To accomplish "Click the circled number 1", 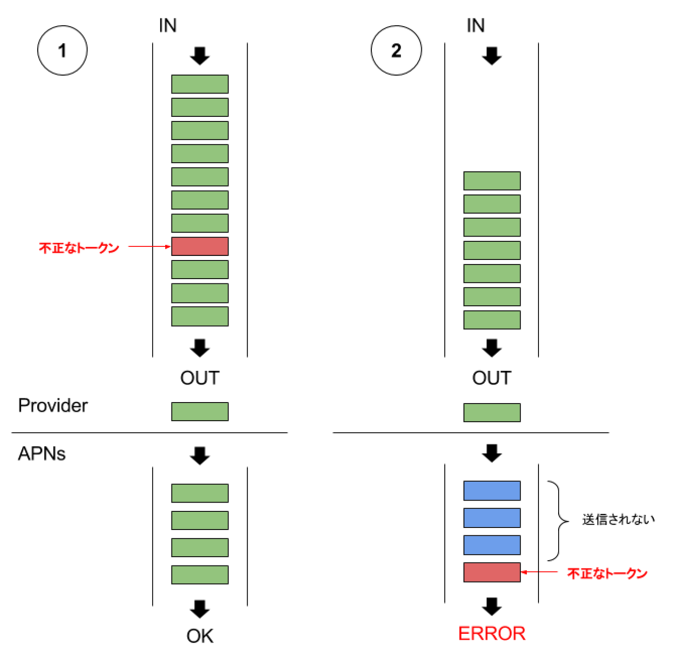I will (62, 51).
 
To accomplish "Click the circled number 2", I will (396, 51).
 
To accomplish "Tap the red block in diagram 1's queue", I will (200, 247).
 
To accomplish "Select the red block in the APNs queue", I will (492, 572).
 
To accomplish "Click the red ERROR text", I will (492, 634).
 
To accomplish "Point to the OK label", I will (200, 636).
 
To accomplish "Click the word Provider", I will (53, 405).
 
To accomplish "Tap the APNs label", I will (42, 454).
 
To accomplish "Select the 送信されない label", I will (618, 519).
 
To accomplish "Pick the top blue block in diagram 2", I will (492, 490).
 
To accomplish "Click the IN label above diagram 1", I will (168, 25).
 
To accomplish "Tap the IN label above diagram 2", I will (475, 25).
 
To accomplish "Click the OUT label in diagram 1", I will (200, 378).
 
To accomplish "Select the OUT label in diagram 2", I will (492, 378).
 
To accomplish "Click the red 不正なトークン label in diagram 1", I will (79, 248).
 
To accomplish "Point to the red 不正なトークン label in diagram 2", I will (607, 573).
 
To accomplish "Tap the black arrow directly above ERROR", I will (492, 606).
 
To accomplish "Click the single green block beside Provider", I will (200, 412).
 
